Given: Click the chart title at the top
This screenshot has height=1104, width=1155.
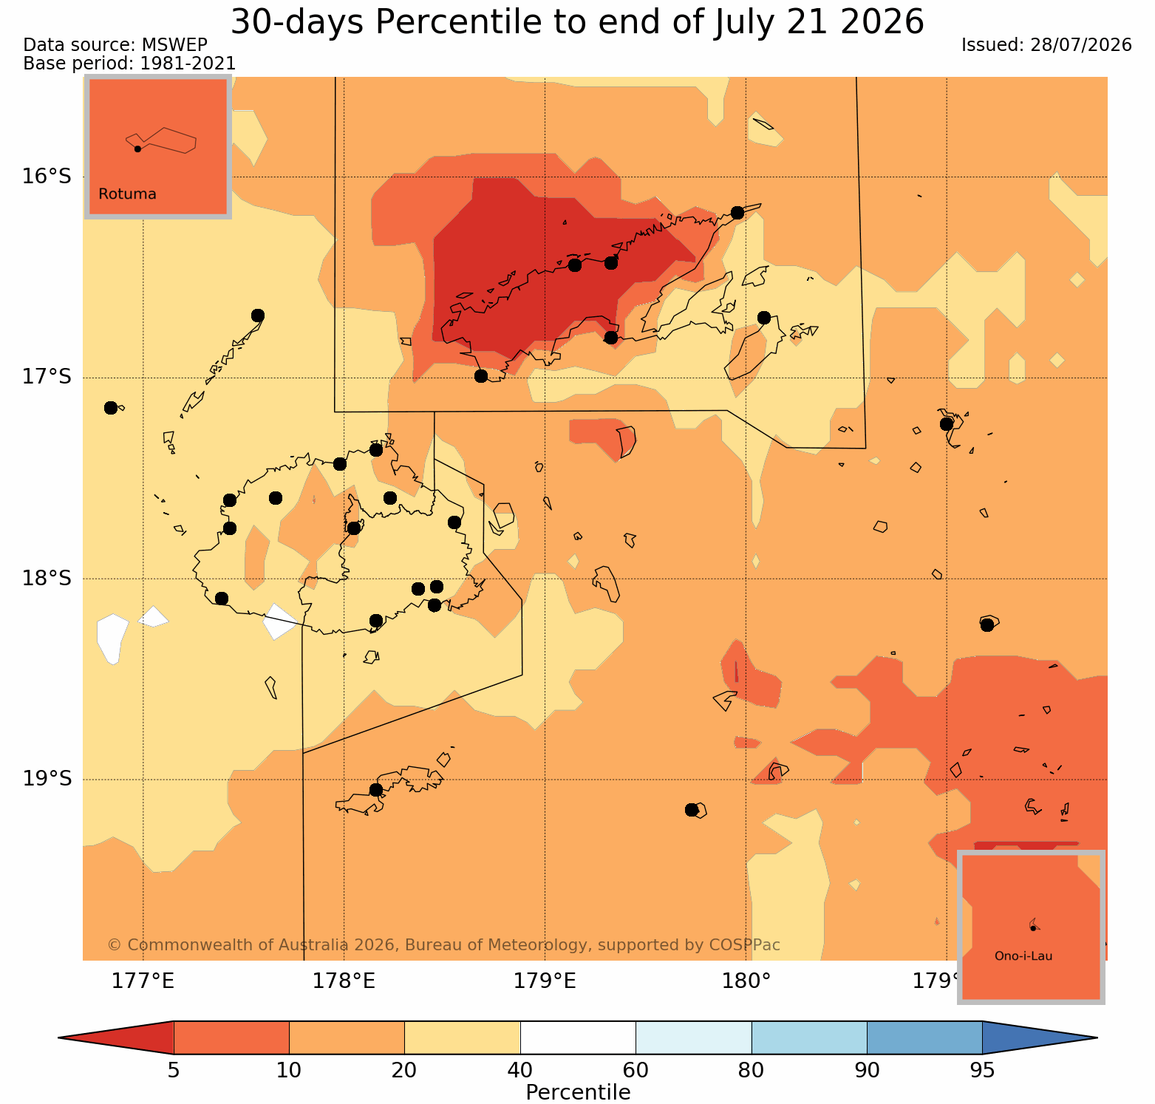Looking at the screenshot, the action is click(577, 21).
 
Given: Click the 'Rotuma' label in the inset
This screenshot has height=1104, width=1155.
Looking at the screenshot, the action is click(127, 194).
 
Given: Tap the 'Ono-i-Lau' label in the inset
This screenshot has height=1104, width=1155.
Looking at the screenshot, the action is click(1023, 956).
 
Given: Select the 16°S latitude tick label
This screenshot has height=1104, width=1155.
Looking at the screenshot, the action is click(46, 177).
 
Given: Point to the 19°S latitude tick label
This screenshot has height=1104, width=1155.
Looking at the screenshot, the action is click(46, 779).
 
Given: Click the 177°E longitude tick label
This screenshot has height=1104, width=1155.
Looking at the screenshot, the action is click(143, 981).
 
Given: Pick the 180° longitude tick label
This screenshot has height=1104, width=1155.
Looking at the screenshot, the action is click(746, 981).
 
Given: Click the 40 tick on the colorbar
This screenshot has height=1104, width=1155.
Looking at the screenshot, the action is click(520, 1070).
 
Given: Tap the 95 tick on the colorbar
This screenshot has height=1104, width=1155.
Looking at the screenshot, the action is click(982, 1070).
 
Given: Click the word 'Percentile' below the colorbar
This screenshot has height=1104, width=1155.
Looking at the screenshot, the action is click(578, 1092).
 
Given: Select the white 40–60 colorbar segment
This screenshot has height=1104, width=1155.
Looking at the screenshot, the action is click(578, 1037).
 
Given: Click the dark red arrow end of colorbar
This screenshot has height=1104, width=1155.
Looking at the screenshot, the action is click(116, 1037).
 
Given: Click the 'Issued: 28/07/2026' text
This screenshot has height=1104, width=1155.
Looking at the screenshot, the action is click(1046, 45).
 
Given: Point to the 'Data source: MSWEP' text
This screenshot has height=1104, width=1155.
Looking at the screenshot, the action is click(115, 45).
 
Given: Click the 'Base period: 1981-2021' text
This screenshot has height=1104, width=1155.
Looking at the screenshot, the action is click(129, 64).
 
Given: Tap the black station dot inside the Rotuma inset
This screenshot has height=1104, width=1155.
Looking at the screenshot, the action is click(137, 149).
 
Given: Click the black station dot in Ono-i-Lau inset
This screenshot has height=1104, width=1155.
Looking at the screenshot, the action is click(1033, 928).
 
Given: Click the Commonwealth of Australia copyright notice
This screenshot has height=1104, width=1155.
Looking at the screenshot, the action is click(443, 945).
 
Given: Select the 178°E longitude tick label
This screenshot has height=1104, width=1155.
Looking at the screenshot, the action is click(344, 981).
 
